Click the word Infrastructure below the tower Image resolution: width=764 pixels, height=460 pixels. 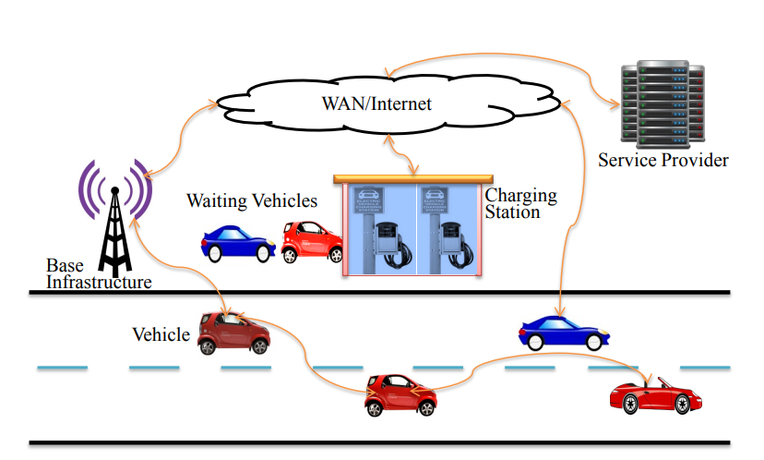coord(99,282)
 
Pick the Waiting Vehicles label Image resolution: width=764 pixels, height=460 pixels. coord(252,200)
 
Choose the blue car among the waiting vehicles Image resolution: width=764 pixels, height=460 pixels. coord(238,243)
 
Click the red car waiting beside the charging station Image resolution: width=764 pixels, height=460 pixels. coord(311,242)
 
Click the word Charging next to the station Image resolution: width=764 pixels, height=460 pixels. coord(520,196)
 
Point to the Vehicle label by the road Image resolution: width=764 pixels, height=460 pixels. coord(161,334)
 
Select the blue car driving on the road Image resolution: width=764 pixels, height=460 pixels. coord(563,333)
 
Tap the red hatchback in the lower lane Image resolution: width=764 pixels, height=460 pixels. coord(400,394)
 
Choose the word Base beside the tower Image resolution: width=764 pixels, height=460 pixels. coord(65,265)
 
